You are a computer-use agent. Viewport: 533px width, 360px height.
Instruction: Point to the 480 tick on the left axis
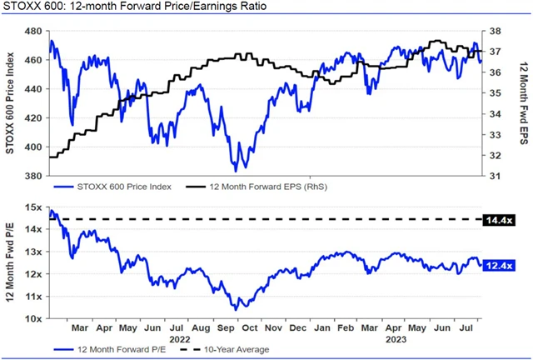coord(34,32)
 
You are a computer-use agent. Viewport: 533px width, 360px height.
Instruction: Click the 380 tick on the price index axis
coord(34,176)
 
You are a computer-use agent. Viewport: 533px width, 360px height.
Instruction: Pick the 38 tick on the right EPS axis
coord(494,32)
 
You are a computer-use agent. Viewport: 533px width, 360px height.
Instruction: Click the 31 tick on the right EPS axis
coord(494,176)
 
